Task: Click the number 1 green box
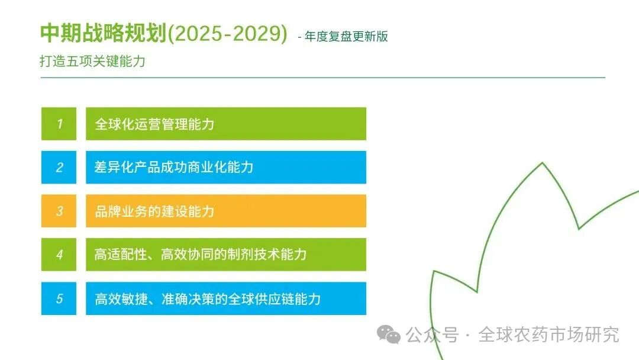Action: [59, 124]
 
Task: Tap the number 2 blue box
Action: [59, 168]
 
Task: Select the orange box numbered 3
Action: [59, 211]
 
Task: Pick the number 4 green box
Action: [59, 255]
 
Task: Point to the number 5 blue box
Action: [59, 299]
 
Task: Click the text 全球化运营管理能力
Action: [154, 124]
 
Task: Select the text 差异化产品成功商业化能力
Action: [174, 168]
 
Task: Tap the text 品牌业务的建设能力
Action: [154, 211]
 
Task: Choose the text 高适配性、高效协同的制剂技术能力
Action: [201, 255]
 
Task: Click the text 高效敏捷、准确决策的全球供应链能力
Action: [208, 299]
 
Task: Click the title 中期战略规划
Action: [103, 34]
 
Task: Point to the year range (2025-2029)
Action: [227, 34]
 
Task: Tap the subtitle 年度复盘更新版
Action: [347, 36]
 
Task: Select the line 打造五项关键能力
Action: [92, 61]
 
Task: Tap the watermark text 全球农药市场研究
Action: [548, 335]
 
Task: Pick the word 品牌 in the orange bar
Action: [107, 211]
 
